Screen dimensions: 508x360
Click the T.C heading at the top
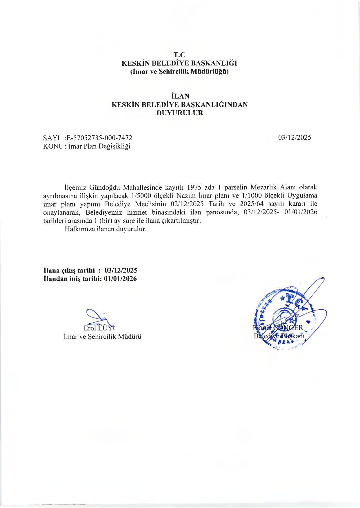179,55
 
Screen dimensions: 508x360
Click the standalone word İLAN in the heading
180,96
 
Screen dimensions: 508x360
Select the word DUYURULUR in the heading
180,113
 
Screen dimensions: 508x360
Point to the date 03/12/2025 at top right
294,138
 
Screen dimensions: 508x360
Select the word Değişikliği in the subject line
114,146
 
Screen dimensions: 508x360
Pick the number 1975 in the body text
194,187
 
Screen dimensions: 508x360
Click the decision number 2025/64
252,204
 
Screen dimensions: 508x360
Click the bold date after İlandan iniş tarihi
120,279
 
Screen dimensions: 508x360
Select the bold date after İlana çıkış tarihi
121,270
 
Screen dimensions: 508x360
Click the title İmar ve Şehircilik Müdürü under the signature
103,337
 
